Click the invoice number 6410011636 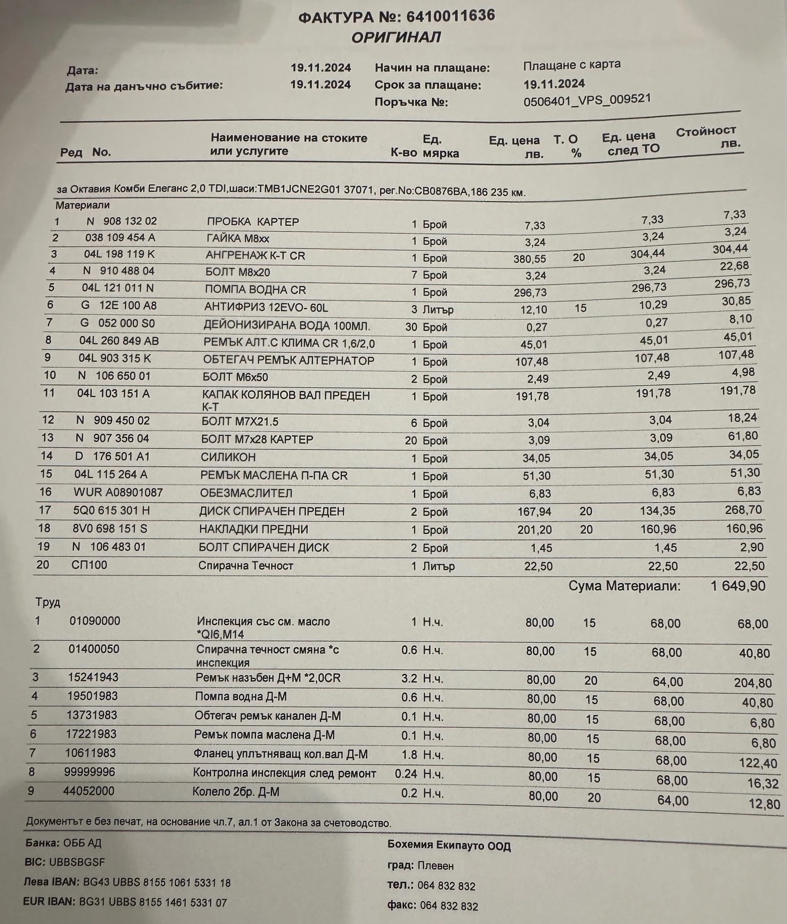(450, 16)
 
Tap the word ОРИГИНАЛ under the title (396, 37)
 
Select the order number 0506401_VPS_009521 (587, 100)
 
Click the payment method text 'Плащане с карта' (572, 65)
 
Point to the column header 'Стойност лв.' (707, 137)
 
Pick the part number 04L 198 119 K (119, 254)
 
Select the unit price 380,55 (529, 259)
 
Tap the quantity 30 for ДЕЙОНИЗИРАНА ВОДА (411, 327)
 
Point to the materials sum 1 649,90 (738, 586)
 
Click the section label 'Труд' (48, 602)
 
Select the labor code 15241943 (93, 677)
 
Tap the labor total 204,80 (753, 683)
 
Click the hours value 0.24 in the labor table (406, 774)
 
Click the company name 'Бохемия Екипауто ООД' (449, 845)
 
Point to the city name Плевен (436, 866)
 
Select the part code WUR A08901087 (118, 493)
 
